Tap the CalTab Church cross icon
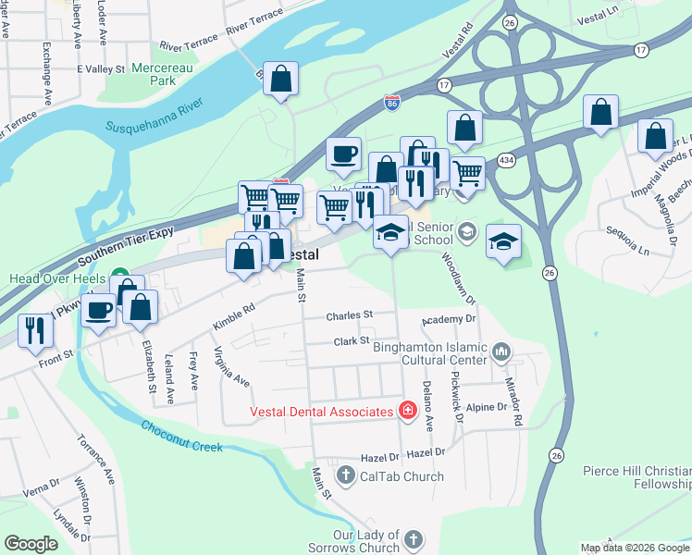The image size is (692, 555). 346,476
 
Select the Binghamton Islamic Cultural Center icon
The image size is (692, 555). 501,351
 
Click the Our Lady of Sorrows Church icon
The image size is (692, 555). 414,538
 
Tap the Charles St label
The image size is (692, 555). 349,315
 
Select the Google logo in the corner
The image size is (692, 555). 31,544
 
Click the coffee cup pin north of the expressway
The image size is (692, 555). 343,154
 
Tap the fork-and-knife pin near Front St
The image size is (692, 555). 35,330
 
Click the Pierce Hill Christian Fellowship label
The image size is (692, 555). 636,477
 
